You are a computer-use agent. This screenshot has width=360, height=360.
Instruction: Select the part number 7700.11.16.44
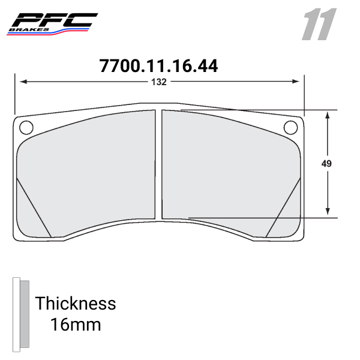point(158,66)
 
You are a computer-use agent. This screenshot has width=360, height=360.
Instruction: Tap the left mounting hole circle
point(26,127)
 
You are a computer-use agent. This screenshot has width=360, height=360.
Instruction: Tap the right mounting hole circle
point(290,127)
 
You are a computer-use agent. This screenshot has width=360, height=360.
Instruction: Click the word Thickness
point(75,303)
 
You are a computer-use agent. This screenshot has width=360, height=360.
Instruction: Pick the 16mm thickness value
point(75,325)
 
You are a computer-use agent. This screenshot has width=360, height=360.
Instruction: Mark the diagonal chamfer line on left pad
point(34,207)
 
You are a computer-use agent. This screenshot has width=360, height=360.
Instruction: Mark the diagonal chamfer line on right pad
point(283,207)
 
